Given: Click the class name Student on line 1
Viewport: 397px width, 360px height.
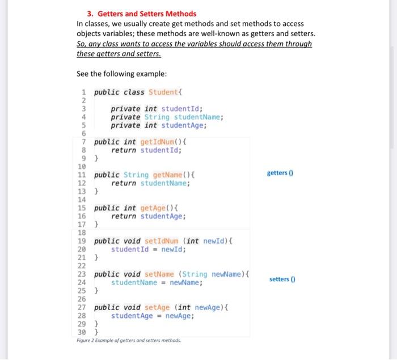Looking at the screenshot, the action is [163, 92].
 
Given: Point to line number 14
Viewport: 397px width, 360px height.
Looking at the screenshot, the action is [81, 200].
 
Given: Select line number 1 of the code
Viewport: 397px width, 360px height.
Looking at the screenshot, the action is [83, 92].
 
